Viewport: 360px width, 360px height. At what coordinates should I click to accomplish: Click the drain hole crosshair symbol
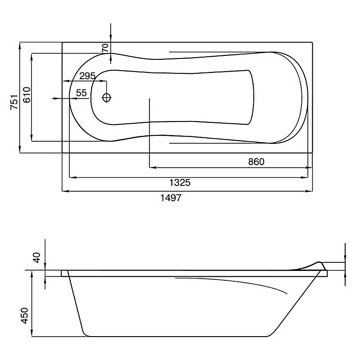[x=107, y=98]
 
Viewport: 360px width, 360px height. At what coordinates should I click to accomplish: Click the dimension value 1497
[x=171, y=198]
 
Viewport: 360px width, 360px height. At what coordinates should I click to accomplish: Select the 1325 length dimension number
[x=180, y=183]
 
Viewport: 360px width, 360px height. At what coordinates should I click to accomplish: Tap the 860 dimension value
[x=256, y=162]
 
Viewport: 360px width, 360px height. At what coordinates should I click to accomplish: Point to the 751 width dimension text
[x=14, y=102]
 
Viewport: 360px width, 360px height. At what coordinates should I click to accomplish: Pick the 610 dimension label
[x=27, y=95]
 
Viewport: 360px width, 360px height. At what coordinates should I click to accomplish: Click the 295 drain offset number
[x=87, y=76]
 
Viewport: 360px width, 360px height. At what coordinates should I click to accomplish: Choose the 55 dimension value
[x=81, y=93]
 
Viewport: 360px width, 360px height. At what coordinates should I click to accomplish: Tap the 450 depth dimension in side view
[x=25, y=316]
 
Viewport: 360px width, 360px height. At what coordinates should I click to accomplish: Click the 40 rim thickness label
[x=37, y=257]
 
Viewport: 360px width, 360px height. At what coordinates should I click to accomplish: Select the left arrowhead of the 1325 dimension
[x=73, y=177]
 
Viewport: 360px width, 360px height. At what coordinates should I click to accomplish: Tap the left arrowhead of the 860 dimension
[x=153, y=167]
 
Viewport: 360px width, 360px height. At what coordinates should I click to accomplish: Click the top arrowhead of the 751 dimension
[x=20, y=46]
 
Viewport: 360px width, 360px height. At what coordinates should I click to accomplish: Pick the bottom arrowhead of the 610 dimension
[x=31, y=138]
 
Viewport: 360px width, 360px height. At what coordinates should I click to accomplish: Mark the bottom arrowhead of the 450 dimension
[x=31, y=333]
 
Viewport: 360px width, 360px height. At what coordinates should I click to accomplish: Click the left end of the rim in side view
[x=62, y=273]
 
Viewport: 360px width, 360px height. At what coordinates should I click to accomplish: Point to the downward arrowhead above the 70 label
[x=111, y=39]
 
